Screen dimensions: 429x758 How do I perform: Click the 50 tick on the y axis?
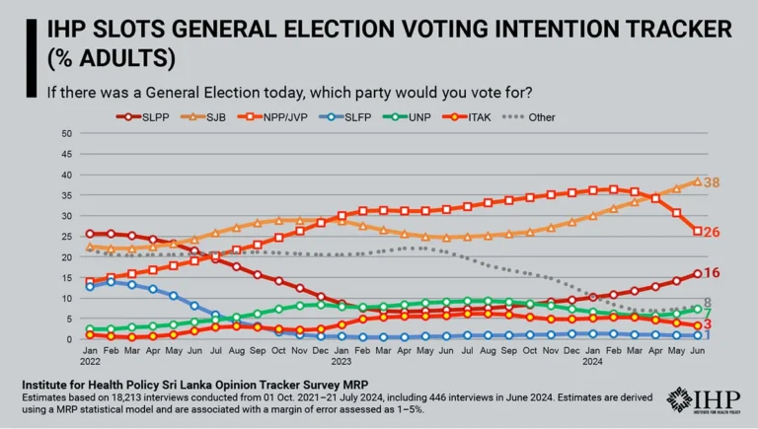[67, 133]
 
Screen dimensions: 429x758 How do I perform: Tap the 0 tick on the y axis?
[70, 339]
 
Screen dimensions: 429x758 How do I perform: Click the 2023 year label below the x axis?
[341, 362]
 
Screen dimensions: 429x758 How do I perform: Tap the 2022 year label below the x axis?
[90, 362]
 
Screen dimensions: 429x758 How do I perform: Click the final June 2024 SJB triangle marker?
[698, 181]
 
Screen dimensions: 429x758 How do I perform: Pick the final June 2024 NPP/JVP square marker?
[698, 231]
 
